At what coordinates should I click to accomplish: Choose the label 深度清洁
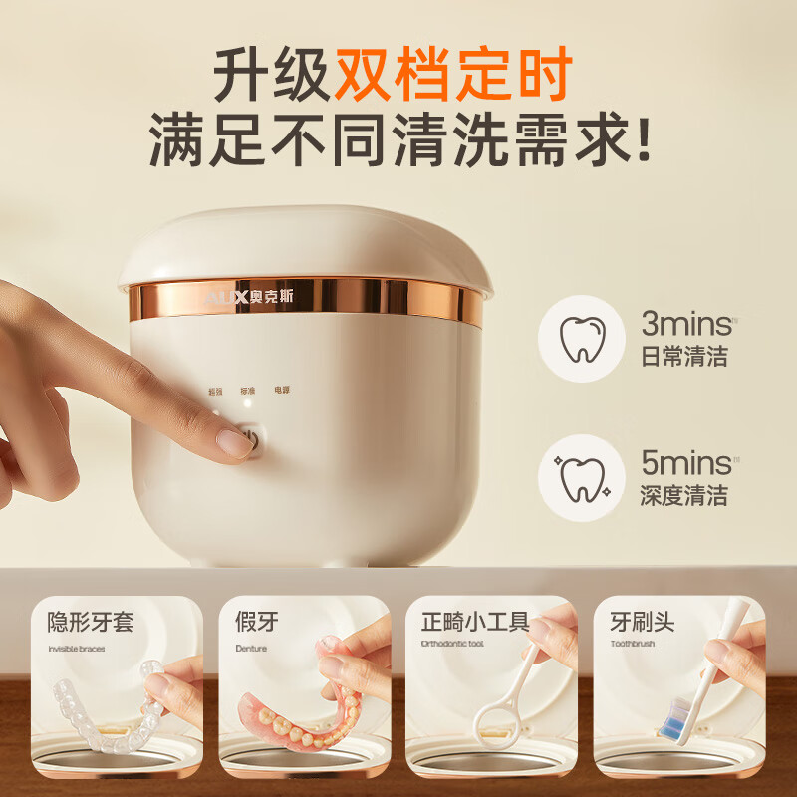[683, 496]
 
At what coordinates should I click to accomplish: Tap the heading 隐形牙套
[91, 623]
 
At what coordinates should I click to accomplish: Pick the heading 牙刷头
[643, 623]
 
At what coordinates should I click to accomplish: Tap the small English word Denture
[251, 647]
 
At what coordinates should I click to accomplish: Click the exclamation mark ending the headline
[642, 141]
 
